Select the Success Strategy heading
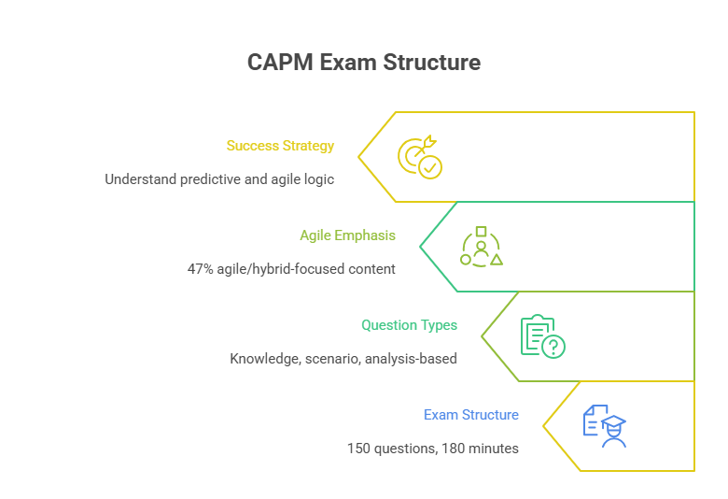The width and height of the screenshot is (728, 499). tap(280, 146)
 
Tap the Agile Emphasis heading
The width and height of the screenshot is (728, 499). tap(347, 235)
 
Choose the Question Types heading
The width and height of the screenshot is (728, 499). tap(409, 325)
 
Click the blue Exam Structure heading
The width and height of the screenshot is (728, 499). tap(470, 415)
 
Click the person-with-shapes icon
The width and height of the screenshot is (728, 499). tap(482, 247)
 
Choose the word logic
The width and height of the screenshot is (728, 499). tap(317, 179)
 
